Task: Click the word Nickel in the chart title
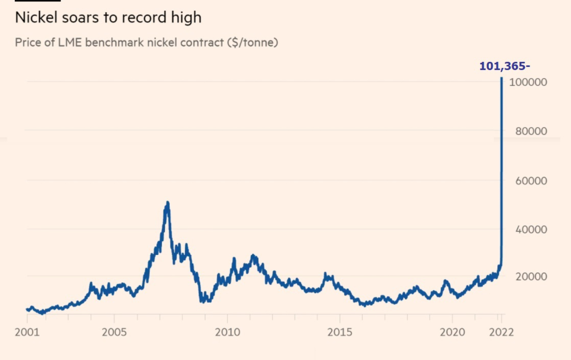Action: (36, 17)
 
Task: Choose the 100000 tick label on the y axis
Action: (528, 82)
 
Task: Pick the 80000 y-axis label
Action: (531, 131)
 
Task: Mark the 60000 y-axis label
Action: (531, 181)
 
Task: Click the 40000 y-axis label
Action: (531, 229)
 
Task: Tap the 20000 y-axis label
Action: (531, 277)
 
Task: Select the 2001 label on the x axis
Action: (27, 332)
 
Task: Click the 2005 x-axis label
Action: (114, 332)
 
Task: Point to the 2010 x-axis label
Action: (228, 332)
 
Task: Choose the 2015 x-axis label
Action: (340, 332)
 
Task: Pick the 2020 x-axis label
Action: (452, 332)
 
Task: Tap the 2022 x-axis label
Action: (501, 332)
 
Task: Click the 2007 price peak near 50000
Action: (168, 203)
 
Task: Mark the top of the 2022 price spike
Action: (501, 78)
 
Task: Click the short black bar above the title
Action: (38, 1)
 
